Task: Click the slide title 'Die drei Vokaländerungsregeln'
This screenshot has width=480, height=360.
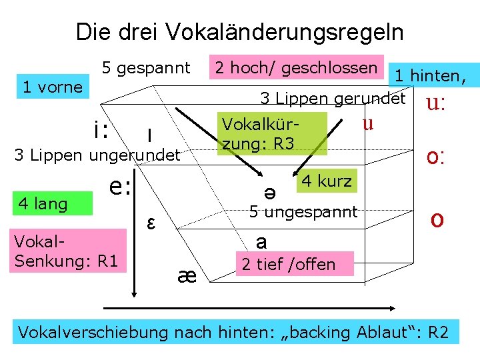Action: click(239, 31)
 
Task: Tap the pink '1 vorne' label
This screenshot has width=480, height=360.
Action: click(52, 87)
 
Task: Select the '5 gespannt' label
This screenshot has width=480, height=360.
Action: click(146, 68)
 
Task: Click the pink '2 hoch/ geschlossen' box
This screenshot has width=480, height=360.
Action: click(294, 67)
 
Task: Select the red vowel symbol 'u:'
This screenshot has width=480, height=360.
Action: click(436, 104)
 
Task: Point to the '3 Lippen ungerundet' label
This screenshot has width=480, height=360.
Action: click(97, 156)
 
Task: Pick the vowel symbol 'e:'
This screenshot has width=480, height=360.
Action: click(121, 188)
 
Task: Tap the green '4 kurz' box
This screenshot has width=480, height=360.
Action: click(327, 181)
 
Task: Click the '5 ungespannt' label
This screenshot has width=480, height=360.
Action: click(303, 213)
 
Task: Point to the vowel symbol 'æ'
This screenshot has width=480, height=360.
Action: click(187, 275)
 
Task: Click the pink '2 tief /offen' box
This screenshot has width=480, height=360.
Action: click(288, 264)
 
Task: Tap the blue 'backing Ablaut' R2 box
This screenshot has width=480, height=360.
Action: click(236, 331)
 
